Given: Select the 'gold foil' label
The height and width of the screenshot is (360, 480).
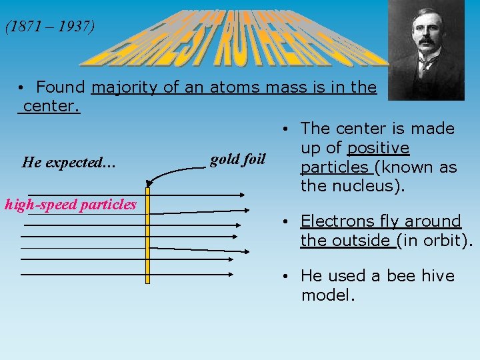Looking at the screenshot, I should click(x=237, y=159).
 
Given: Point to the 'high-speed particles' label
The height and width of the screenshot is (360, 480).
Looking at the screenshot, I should click(x=71, y=205).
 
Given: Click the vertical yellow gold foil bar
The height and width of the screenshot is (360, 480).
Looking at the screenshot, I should click(x=148, y=233).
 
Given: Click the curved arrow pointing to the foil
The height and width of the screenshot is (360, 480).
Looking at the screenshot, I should click(x=177, y=171).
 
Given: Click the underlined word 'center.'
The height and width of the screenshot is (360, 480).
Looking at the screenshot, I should click(x=51, y=106).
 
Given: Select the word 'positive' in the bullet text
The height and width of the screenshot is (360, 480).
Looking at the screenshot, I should click(x=378, y=147).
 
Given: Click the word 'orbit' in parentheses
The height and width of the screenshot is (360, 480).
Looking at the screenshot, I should click(x=445, y=240).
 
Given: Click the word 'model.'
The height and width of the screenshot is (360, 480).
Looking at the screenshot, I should click(x=328, y=295).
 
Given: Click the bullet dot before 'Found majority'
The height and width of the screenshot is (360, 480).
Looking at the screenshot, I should click(x=22, y=88).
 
